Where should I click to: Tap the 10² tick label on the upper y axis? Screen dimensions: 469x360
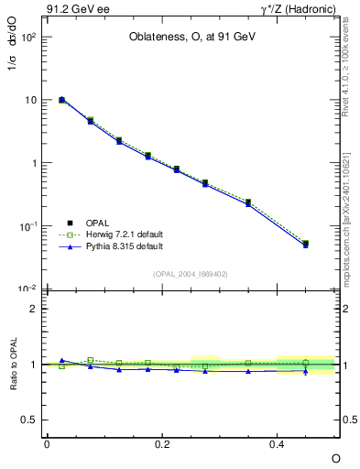tap(28, 38)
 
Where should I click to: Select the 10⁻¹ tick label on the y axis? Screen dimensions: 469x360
tap(28, 226)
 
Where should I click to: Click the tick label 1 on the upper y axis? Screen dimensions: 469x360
tap(33, 163)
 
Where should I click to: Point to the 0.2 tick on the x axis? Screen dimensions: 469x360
tap(162, 443)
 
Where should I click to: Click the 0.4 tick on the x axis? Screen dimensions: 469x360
tap(278, 443)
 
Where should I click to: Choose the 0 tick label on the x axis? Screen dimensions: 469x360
tap(47, 443)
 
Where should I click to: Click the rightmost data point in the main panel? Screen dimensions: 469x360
tap(306, 244)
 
